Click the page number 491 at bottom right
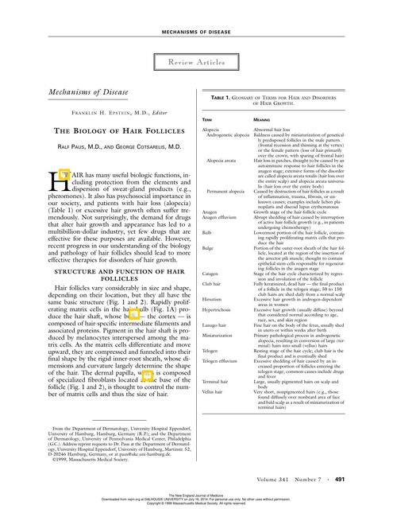361,480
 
